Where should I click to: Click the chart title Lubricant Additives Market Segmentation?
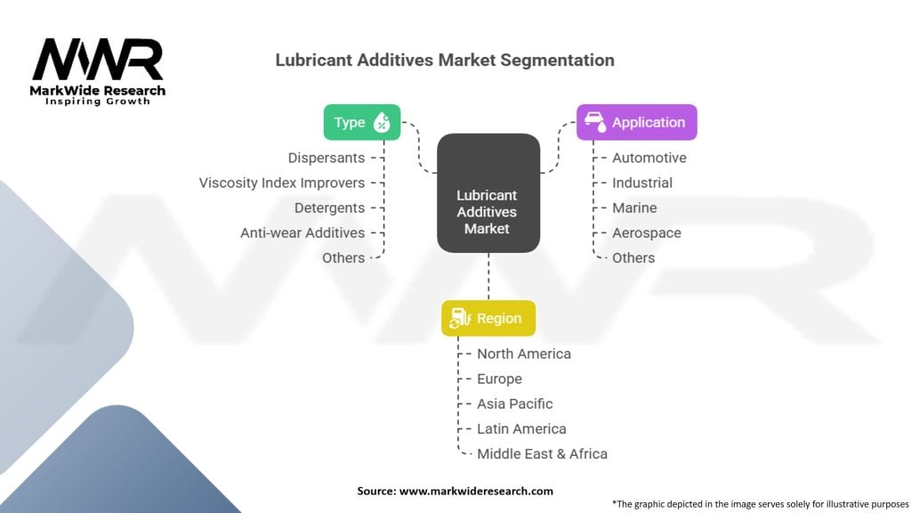point(444,61)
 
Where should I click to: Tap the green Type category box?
point(361,123)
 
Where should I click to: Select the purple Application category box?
point(636,123)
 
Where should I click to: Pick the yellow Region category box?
point(488,318)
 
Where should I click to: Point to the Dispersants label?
point(326,158)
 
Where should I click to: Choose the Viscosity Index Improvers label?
point(281,183)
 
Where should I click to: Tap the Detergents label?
point(329,208)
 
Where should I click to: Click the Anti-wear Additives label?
point(302,232)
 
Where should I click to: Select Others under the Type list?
point(343,257)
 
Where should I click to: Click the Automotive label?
point(649,158)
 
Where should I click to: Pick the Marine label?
point(634,208)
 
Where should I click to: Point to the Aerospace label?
point(646,232)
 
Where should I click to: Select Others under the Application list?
point(633,257)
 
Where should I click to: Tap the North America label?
point(523,354)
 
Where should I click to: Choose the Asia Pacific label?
point(514,403)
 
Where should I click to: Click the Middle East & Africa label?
point(542,453)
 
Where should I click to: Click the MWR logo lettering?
point(98,61)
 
